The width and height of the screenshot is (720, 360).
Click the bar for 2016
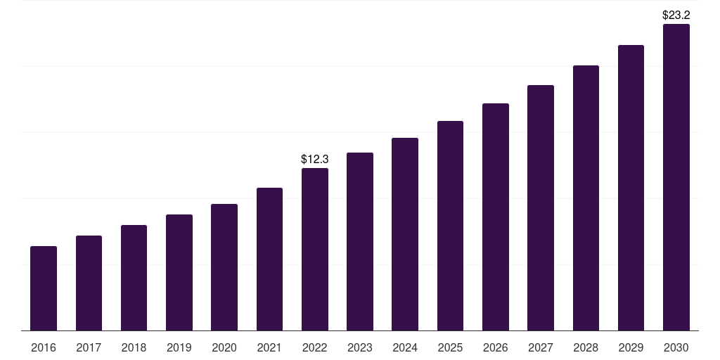click(x=44, y=288)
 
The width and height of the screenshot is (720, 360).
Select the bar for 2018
click(x=134, y=278)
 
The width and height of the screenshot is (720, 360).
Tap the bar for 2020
click(x=224, y=267)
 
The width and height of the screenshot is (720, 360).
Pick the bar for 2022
click(x=315, y=249)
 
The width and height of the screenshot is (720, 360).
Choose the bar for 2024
click(x=405, y=234)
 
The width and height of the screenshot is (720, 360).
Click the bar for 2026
click(x=496, y=217)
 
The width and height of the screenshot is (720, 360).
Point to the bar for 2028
click(x=586, y=198)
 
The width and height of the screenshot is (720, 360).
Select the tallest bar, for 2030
click(x=676, y=177)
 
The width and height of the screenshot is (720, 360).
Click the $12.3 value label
click(x=315, y=160)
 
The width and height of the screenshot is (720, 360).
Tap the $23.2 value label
click(x=676, y=14)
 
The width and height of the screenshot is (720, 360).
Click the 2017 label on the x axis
click(x=89, y=347)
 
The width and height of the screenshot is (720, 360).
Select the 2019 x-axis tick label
click(x=179, y=347)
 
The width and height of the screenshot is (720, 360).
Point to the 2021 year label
click(x=269, y=347)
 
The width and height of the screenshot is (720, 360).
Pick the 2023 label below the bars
click(x=360, y=347)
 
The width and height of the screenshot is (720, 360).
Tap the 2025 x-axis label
click(x=450, y=347)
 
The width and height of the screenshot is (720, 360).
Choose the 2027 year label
click(x=541, y=347)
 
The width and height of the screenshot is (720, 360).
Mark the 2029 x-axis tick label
click(x=631, y=347)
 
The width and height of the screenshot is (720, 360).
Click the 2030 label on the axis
click(x=676, y=347)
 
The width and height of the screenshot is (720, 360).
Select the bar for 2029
click(x=631, y=188)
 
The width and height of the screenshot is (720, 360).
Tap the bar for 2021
click(x=269, y=259)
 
